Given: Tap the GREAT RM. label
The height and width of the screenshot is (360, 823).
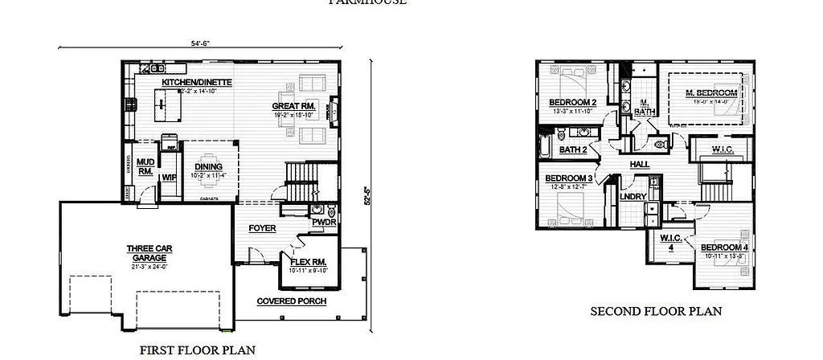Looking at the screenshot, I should pyautogui.click(x=294, y=106).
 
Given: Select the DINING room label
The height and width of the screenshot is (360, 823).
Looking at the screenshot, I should pyautogui.click(x=207, y=166).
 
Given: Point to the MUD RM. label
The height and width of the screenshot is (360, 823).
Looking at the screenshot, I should pyautogui.click(x=145, y=166).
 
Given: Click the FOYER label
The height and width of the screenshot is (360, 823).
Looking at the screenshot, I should pyautogui.click(x=262, y=228).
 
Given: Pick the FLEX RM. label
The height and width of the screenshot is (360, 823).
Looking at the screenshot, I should pyautogui.click(x=306, y=263).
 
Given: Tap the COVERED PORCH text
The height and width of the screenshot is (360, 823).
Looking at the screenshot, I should pyautogui.click(x=291, y=301).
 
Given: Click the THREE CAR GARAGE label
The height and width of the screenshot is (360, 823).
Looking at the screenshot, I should pyautogui.click(x=145, y=252).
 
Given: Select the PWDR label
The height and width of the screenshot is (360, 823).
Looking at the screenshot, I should pyautogui.click(x=324, y=222).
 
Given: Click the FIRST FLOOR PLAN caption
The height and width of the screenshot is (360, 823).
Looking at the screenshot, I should pyautogui.click(x=198, y=350).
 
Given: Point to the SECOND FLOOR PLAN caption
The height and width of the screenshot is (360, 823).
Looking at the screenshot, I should pyautogui.click(x=656, y=311).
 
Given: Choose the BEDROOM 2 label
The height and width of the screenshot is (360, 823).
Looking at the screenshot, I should pyautogui.click(x=572, y=102).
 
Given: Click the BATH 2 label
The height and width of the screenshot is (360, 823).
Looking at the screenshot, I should pyautogui.click(x=571, y=149).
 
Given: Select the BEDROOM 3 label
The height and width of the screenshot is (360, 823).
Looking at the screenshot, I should pyautogui.click(x=568, y=178).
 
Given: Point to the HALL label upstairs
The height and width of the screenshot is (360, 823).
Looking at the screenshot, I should pyautogui.click(x=640, y=164).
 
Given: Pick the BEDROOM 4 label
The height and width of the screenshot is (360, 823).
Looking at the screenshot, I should pyautogui.click(x=723, y=247).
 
